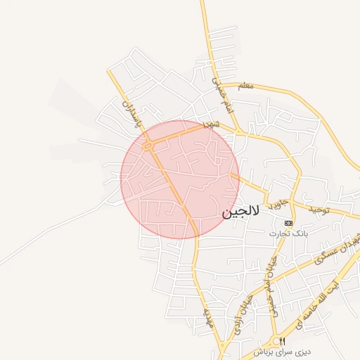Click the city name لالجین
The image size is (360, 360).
coord(241,212)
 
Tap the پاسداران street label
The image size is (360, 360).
coord(130,114)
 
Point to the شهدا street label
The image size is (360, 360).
coord(212,123)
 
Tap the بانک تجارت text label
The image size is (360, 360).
coord(288,233)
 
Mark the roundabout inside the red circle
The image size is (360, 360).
coord(148,146)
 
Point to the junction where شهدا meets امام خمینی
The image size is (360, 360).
coord(238,131)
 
